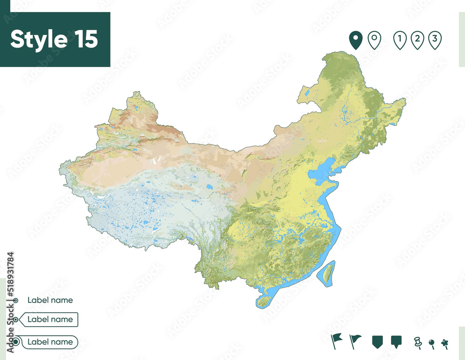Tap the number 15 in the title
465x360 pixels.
point(85,39)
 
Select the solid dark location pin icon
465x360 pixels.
point(356,40)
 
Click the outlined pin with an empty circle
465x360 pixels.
point(374,40)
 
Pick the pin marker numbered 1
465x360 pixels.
point(399,40)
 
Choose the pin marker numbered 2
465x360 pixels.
point(417,40)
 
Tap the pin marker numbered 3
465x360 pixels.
point(435,40)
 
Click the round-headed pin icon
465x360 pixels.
point(432,344)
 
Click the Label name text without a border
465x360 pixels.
point(50,300)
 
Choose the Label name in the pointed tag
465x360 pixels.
point(50,320)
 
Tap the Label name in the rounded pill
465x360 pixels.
point(50,342)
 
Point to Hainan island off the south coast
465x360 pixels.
point(264,301)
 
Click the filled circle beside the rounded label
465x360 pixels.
point(16,342)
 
